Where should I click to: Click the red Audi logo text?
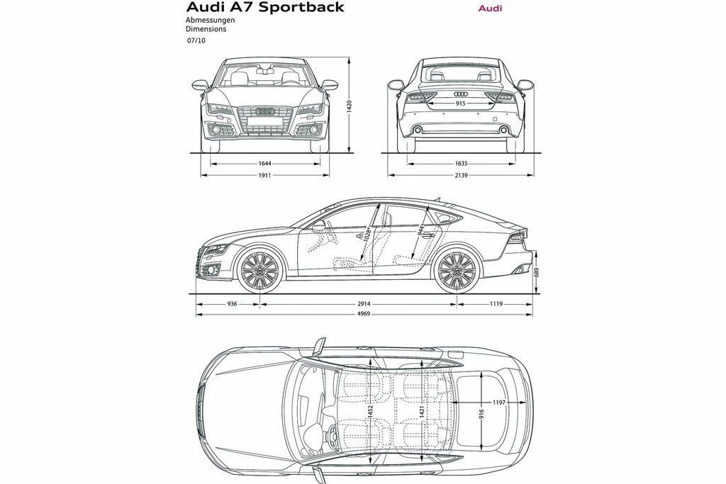pyautogui.click(x=490, y=9)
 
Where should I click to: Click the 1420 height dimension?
pyautogui.click(x=349, y=106)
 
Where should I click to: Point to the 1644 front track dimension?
pyautogui.click(x=266, y=163)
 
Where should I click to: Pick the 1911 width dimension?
pyautogui.click(x=265, y=174)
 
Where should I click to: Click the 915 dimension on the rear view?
pyautogui.click(x=461, y=103)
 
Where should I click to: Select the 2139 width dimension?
pyautogui.click(x=462, y=174)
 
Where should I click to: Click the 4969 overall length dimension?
pyautogui.click(x=363, y=314)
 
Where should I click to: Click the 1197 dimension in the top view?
pyautogui.click(x=499, y=403)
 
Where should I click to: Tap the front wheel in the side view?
pyautogui.click(x=257, y=270)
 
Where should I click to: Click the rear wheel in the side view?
pyautogui.click(x=456, y=270)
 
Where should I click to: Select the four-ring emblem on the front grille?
pyautogui.click(x=266, y=111)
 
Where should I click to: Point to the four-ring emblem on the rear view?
pyautogui.click(x=461, y=94)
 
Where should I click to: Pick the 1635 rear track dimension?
pyautogui.click(x=462, y=163)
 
